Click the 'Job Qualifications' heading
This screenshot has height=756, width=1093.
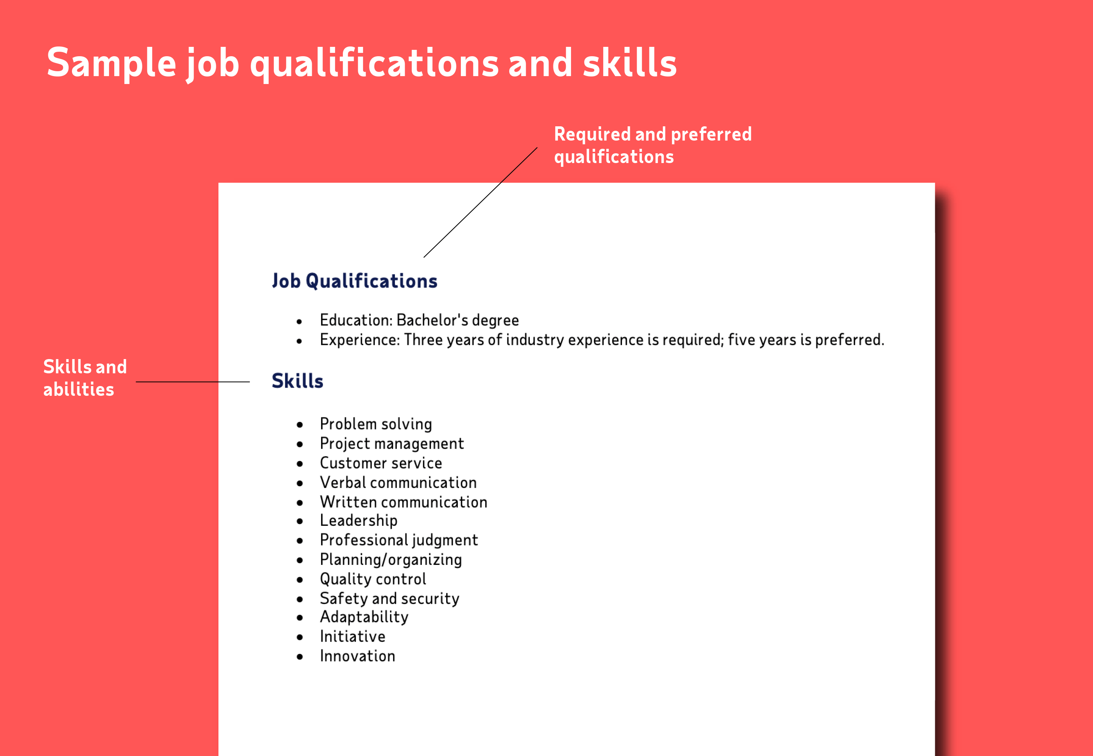point(355,281)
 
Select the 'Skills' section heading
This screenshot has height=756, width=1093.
point(298,381)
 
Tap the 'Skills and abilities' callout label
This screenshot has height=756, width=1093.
point(85,377)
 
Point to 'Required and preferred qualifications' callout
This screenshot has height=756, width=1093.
point(653,145)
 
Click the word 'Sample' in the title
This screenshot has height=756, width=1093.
point(112,63)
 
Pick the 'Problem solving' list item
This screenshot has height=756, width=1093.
point(375,424)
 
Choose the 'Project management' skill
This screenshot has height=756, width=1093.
point(392,443)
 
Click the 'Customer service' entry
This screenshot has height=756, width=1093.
point(381,463)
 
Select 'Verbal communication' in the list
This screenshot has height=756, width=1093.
point(398,482)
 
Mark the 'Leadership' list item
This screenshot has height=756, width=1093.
point(359,521)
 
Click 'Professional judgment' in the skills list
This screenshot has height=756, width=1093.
point(399,540)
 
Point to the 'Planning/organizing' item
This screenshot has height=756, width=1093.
point(391,560)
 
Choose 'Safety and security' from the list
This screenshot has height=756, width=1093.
point(389,598)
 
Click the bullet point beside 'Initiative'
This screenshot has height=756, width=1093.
point(299,637)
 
